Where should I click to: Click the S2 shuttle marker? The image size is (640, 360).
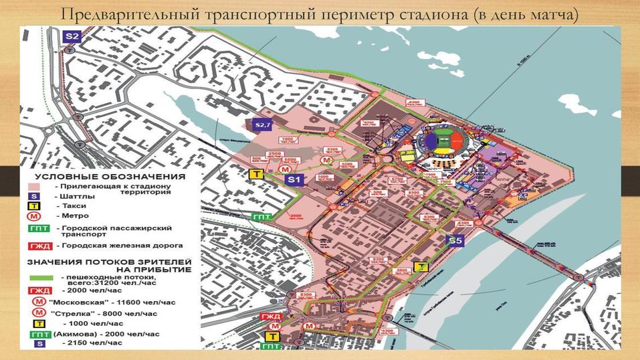(x=72, y=37)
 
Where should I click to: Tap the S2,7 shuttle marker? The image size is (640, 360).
(x=262, y=124)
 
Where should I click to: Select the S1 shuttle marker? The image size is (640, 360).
(x=295, y=179)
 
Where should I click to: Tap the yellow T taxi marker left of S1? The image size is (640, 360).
(x=255, y=173)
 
